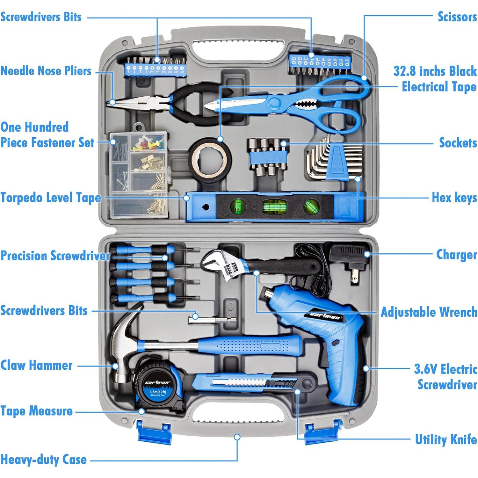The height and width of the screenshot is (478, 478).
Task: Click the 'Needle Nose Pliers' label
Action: pyautogui.click(x=46, y=71)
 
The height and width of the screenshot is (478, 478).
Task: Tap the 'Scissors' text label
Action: pyautogui.click(x=457, y=17)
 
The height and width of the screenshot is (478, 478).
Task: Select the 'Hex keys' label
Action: pyautogui.click(x=454, y=198)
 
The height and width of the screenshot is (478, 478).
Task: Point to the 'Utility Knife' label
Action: pyautogui.click(x=445, y=440)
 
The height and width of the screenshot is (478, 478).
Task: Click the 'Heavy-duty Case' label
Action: pyautogui.click(x=44, y=460)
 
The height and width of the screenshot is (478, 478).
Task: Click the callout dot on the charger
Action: pyautogui.click(x=367, y=254)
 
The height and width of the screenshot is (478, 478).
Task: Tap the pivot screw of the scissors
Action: pyautogui.click(x=274, y=103)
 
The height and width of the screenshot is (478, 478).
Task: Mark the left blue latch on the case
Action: pyautogui.click(x=154, y=432)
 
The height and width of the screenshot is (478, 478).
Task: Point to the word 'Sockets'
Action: pyautogui.click(x=458, y=143)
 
